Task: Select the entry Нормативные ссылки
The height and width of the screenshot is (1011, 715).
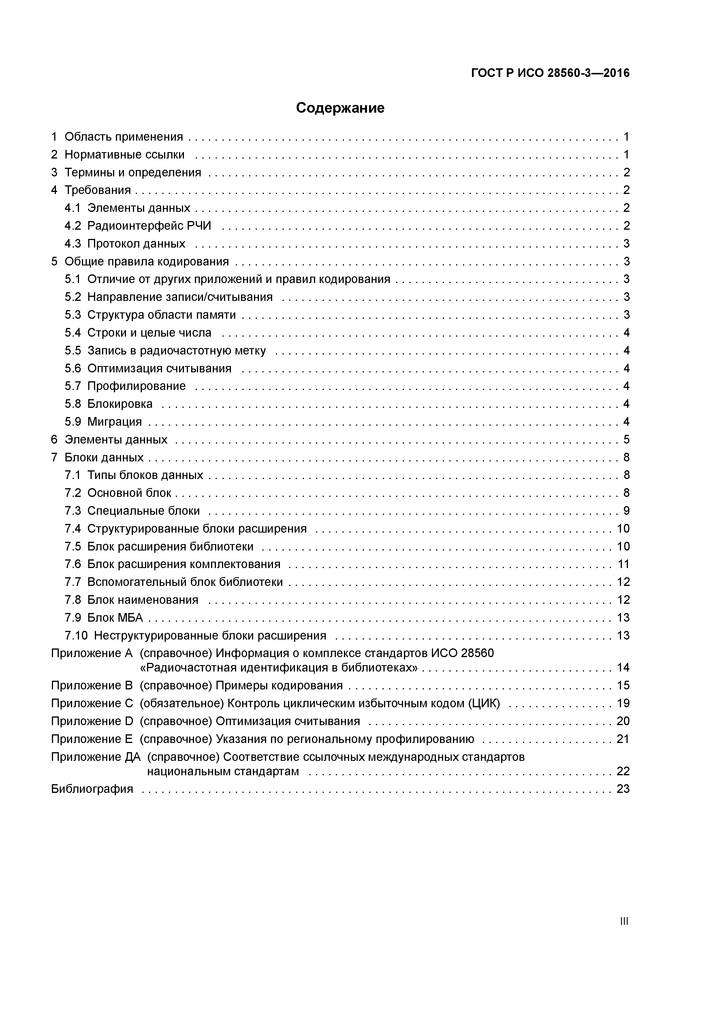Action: pos(124,154)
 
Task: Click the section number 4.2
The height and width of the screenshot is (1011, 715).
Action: pos(73,226)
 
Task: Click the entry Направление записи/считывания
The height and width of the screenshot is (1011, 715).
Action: pos(180,297)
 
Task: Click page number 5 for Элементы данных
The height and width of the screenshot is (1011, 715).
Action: pos(626,440)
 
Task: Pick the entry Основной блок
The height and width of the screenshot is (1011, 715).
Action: pos(129,493)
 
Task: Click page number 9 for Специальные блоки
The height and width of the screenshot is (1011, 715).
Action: pos(626,511)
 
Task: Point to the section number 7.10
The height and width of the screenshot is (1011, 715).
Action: pos(76,635)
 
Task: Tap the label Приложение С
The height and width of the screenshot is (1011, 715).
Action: pos(92,703)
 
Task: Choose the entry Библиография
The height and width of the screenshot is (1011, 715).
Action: pos(92,789)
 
